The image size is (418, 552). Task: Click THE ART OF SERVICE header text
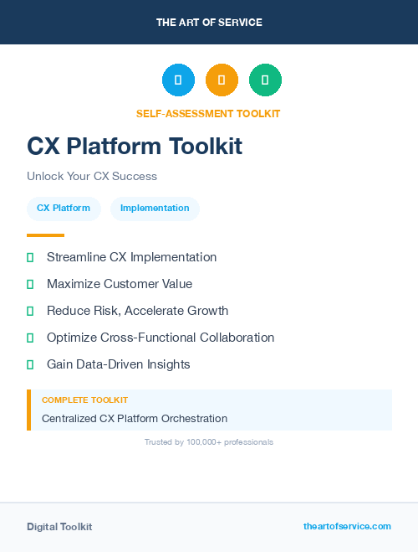click(x=209, y=23)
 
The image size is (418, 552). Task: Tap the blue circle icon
click(x=178, y=80)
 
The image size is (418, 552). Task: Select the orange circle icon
click(x=222, y=80)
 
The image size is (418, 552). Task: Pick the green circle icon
click(x=265, y=80)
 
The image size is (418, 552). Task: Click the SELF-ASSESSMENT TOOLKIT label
click(x=208, y=114)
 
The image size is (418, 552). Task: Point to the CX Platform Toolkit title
click(x=135, y=147)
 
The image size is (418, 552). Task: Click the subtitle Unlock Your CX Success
click(x=92, y=177)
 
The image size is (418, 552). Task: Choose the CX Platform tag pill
click(x=64, y=209)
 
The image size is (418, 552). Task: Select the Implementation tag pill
click(x=155, y=209)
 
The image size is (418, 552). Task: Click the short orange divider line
click(x=45, y=235)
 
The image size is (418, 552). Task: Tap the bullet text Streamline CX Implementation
click(x=131, y=257)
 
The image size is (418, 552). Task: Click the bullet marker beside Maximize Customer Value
click(x=30, y=284)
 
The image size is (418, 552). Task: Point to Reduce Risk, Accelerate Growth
click(x=137, y=311)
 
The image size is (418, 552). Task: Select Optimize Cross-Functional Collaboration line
click(x=161, y=338)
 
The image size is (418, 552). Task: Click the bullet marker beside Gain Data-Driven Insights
click(x=30, y=364)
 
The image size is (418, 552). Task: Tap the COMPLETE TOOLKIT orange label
click(x=84, y=400)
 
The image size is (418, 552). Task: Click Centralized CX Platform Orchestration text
click(x=135, y=418)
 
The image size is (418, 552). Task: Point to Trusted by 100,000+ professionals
click(x=209, y=441)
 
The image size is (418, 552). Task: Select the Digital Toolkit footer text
click(x=59, y=527)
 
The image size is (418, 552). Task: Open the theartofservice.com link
click(x=347, y=526)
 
